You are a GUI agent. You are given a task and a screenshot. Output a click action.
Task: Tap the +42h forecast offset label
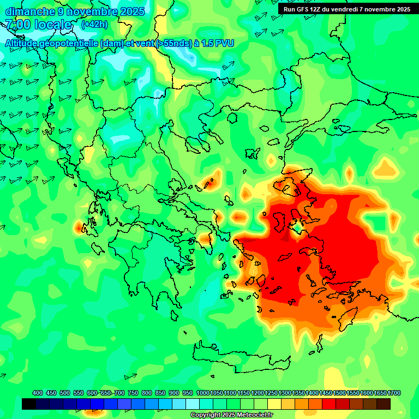point(94,25)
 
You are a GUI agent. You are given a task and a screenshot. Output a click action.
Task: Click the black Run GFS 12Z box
point(346,9)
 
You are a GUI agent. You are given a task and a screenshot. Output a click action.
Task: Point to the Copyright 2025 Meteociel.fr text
point(231,415)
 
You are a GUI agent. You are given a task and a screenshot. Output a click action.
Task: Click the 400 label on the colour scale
point(38,393)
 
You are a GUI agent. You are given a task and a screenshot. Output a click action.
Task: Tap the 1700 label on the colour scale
point(394,393)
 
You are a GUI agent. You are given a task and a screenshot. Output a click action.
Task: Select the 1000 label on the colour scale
point(202,393)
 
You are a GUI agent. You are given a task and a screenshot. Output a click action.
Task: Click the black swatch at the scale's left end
point(29,404)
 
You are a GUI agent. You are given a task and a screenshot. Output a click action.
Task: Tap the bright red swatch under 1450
point(329,404)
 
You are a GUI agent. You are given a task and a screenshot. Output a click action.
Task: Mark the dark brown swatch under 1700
point(384,404)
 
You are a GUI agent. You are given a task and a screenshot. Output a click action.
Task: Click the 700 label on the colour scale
point(119,393)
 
